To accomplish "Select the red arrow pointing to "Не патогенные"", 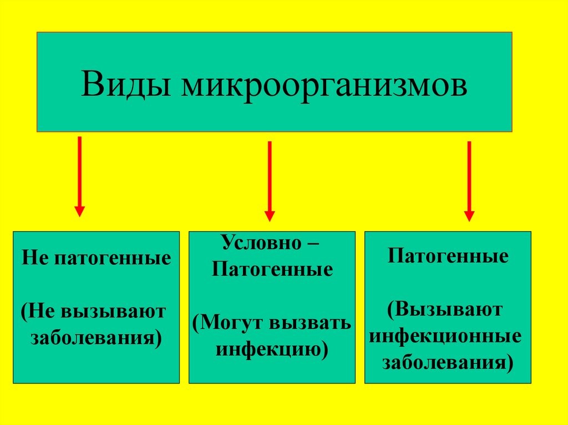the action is click(80, 176).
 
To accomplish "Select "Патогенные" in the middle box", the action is click(272, 270).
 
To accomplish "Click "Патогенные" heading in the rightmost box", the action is click(448, 257).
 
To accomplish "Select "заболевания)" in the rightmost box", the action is click(448, 363).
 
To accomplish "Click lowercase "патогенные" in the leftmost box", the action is click(111, 258).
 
